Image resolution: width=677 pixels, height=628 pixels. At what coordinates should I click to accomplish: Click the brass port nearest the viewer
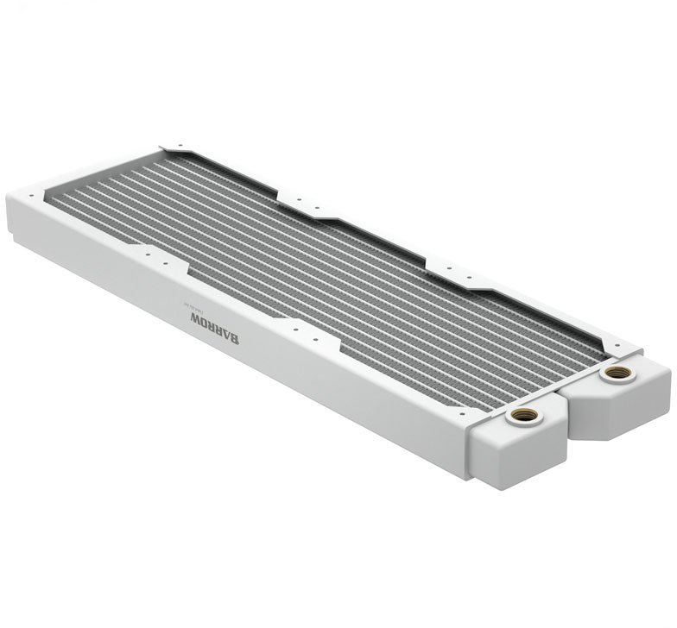click(x=522, y=417)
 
